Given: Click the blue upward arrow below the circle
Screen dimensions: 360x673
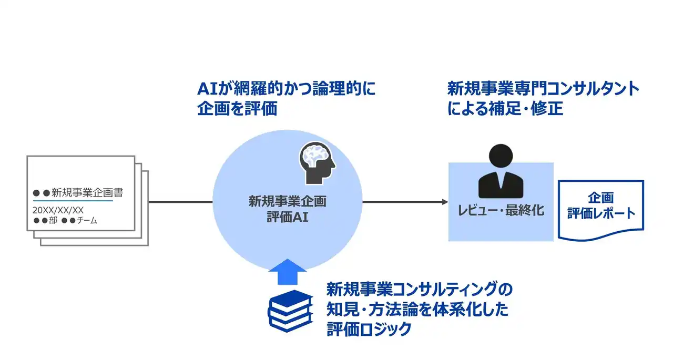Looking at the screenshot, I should (288, 272).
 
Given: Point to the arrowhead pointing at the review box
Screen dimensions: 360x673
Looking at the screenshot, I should (444, 202).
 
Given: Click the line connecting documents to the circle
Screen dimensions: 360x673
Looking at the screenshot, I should (181, 202).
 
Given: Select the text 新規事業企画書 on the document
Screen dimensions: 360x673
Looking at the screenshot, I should (87, 192).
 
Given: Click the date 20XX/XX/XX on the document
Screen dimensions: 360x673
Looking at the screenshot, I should (58, 210).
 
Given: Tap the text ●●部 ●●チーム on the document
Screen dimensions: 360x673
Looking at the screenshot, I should (65, 221).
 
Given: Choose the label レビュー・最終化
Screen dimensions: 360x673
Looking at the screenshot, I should (501, 211).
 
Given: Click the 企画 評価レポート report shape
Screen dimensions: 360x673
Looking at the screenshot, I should (600, 207).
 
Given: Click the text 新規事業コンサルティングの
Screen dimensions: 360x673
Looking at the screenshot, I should (419, 290).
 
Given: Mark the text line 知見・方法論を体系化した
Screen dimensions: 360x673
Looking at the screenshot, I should (417, 310).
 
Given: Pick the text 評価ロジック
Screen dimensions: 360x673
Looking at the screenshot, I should (368, 330).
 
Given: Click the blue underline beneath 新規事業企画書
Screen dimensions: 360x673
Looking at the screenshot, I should (73, 200).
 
